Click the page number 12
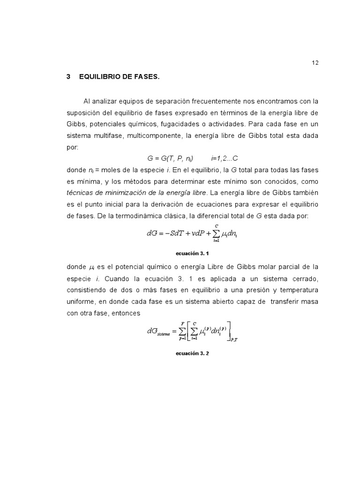click(315, 63)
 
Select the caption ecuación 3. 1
click(192, 253)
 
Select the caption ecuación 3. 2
click(192, 354)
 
